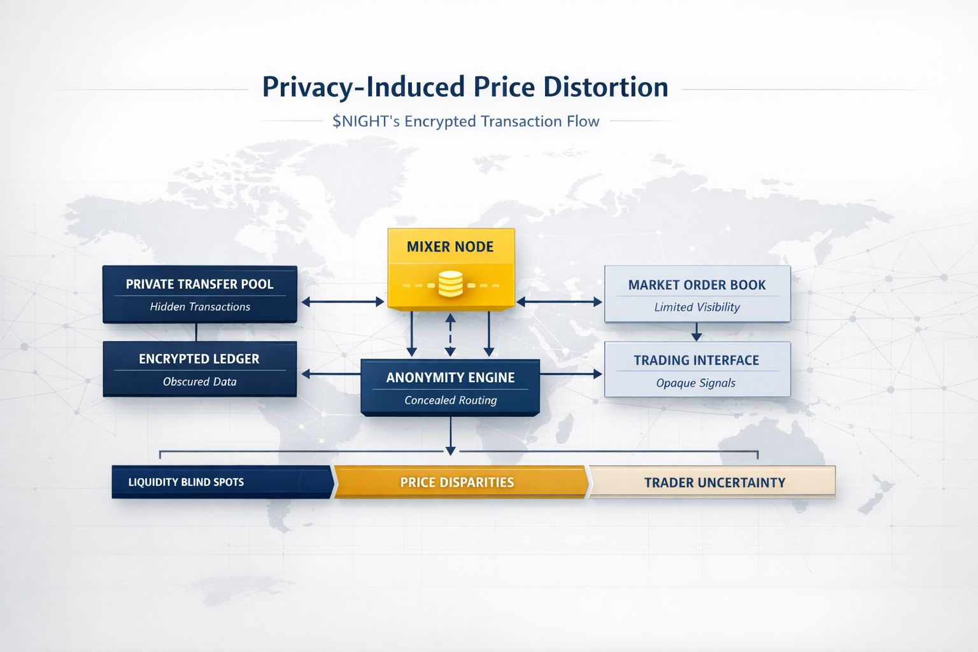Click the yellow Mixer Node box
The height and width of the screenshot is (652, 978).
pyautogui.click(x=451, y=267)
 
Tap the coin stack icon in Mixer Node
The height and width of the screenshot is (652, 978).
pyautogui.click(x=451, y=285)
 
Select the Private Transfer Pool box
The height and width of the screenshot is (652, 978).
pyautogui.click(x=199, y=294)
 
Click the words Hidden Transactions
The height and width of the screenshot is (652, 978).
pyautogui.click(x=200, y=307)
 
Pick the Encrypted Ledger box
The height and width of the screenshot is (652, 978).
pyautogui.click(x=199, y=369)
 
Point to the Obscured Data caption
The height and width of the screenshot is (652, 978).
pyautogui.click(x=199, y=382)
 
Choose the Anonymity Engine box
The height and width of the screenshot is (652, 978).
pyautogui.click(x=450, y=386)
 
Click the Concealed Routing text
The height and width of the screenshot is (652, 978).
pyautogui.click(x=450, y=400)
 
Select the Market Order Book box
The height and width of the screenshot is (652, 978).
pyautogui.click(x=697, y=294)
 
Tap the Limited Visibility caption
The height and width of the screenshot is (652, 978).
pyautogui.click(x=697, y=308)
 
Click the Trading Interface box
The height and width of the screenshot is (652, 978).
pyautogui.click(x=697, y=369)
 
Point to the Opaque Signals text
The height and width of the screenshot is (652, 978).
pyautogui.click(x=695, y=383)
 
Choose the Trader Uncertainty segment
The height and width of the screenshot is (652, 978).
pyautogui.click(x=714, y=483)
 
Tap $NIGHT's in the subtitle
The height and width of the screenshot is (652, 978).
pyautogui.click(x=366, y=122)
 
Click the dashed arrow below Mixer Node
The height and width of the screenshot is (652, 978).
pyautogui.click(x=450, y=334)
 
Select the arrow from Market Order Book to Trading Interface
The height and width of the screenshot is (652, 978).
pyautogui.click(x=697, y=332)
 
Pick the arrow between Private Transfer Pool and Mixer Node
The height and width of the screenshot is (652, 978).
pyautogui.click(x=343, y=302)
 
